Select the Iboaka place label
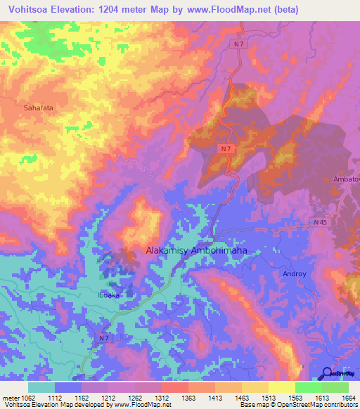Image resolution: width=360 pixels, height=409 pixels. (108, 296)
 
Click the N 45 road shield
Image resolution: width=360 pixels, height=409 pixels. (321, 222)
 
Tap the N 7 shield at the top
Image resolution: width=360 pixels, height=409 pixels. (240, 44)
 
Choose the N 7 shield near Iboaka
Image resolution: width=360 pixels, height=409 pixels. (103, 338)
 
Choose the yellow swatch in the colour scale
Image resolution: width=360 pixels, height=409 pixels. (281, 387)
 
